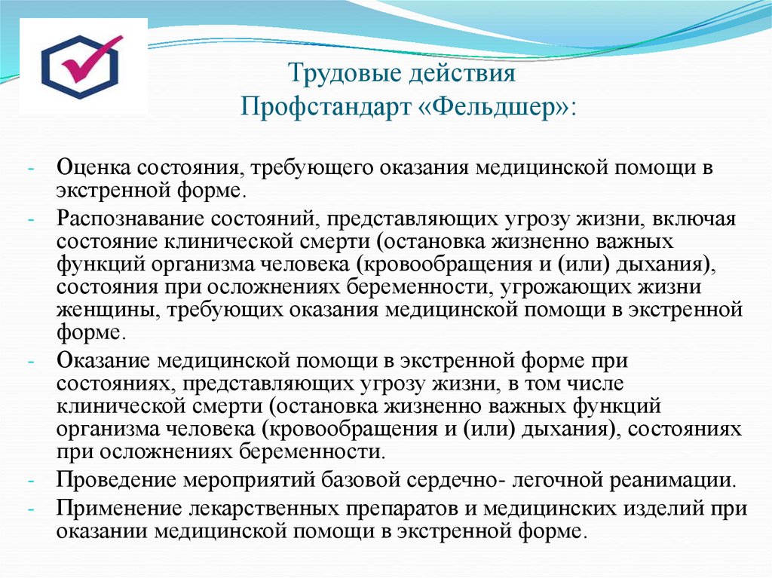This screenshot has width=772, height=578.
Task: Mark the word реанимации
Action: (x=675, y=480)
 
